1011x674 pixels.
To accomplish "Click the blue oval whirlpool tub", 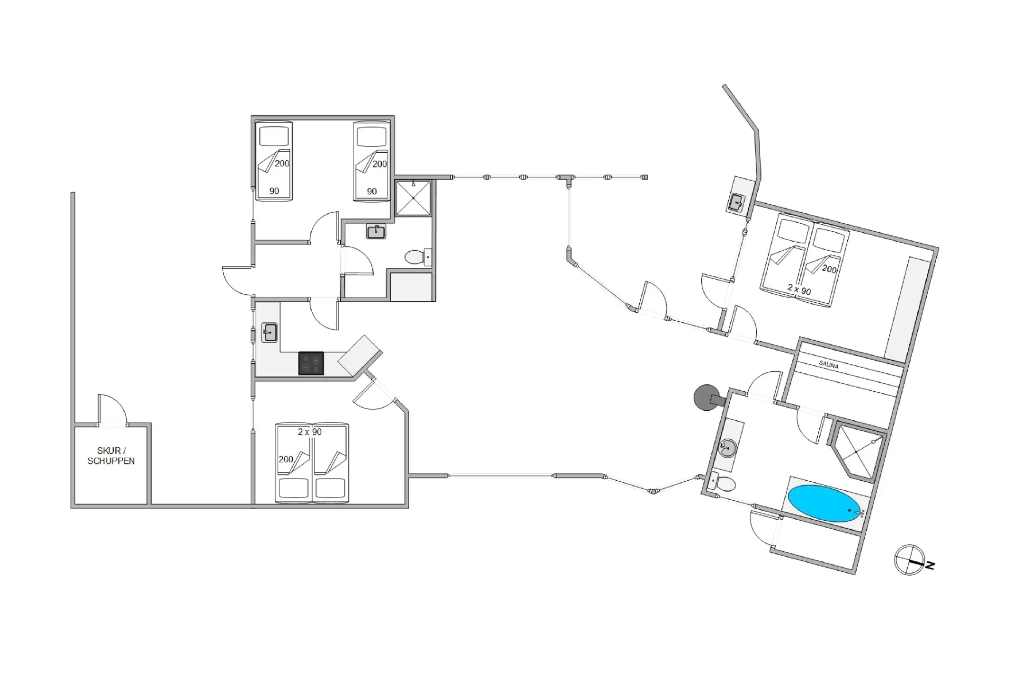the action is coord(824,504).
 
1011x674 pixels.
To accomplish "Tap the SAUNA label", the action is coord(829,364).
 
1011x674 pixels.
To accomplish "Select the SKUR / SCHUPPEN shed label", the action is coord(111,456).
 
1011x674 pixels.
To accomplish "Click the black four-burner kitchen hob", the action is coord(311,363).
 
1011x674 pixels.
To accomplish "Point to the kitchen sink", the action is coord(270,333).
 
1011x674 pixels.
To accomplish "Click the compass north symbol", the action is coord(910,560).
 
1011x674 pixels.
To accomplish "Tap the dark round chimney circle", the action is coord(705,398).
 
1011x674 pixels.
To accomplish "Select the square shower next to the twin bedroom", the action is coord(413,198).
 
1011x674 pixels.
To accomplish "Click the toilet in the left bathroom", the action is coord(418,257).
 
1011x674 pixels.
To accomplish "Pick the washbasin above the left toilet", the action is coord(376,231).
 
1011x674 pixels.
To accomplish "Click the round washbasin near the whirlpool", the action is coord(728,448).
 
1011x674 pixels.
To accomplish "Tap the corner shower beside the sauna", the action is coord(857,452).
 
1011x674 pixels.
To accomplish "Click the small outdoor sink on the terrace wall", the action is coord(736,202).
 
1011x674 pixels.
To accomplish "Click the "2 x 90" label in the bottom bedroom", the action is coord(310,432).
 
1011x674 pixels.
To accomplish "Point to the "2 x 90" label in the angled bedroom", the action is coord(799,289).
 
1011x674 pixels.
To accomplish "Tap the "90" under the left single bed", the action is coord(274,191).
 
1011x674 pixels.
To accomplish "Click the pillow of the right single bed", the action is coord(372,136).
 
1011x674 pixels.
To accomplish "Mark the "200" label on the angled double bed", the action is coord(829,270).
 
